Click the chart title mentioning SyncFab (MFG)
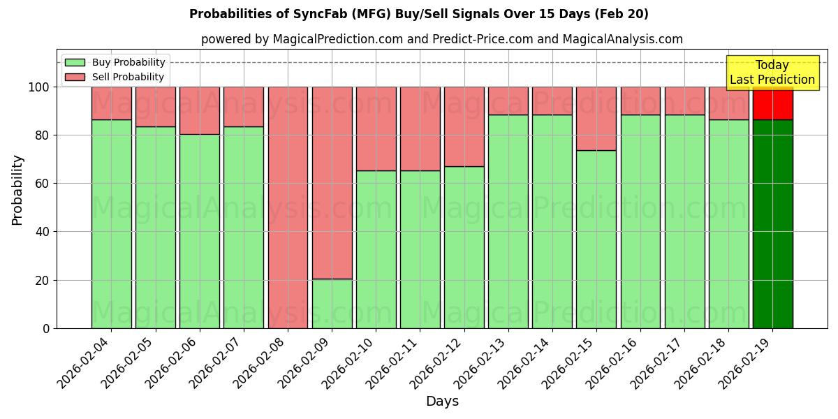[x=418, y=14]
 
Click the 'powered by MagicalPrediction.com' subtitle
[x=441, y=39]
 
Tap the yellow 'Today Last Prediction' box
[x=772, y=73]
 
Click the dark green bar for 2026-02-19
[x=772, y=223]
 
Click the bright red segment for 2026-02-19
[x=772, y=103]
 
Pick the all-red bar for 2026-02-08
[x=288, y=207]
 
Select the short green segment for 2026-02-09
[x=332, y=304]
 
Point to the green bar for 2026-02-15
[x=596, y=239]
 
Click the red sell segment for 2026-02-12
[x=464, y=126]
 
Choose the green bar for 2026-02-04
[x=111, y=223]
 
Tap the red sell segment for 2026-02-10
[x=376, y=128]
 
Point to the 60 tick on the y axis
[x=43, y=184]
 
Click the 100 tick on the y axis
[x=40, y=87]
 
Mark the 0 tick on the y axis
[x=46, y=328]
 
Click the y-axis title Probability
[x=17, y=189]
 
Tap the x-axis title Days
[x=442, y=402]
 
